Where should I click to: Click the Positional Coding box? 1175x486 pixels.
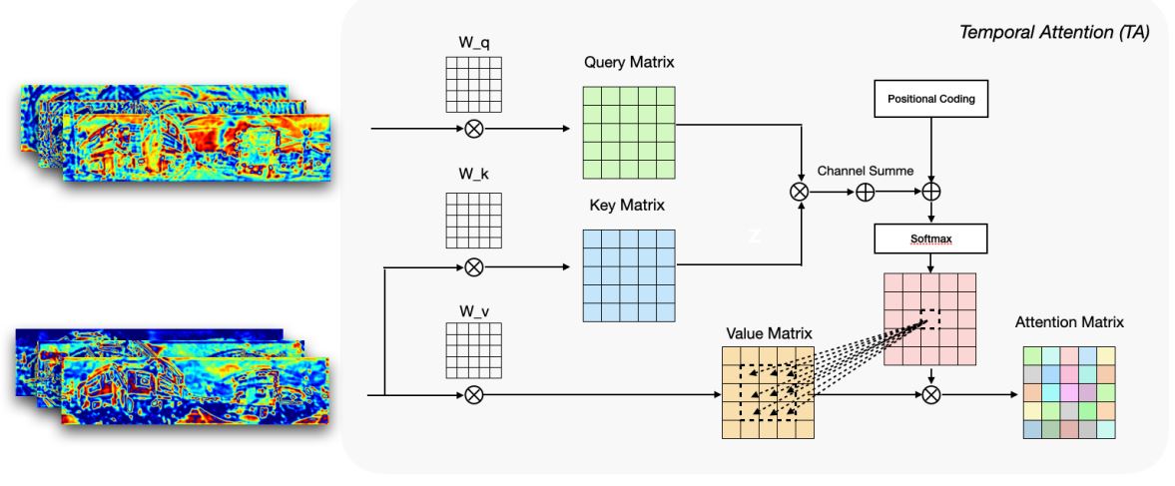tap(930, 101)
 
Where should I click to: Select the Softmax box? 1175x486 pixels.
tap(930, 239)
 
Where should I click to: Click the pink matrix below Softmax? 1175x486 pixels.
tap(930, 319)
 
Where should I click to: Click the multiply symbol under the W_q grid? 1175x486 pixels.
tap(475, 129)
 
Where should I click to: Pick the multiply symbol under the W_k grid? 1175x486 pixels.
tap(475, 266)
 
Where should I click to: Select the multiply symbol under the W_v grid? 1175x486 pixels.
tap(475, 395)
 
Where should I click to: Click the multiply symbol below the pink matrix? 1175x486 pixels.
tap(930, 395)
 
